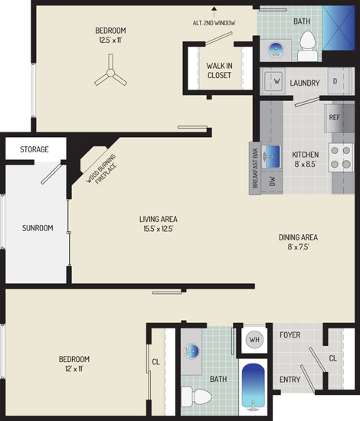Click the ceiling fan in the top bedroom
tap(110, 73)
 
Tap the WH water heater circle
tap(254, 339)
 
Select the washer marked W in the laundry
tap(273, 80)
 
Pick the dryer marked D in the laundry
tap(335, 81)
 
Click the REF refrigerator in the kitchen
tap(339, 118)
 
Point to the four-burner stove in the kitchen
tap(341, 158)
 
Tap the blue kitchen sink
tap(271, 157)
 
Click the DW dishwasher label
tap(273, 181)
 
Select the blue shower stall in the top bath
tap(339, 28)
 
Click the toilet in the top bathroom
tap(307, 46)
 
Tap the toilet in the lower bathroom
tap(196, 397)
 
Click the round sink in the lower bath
tap(191, 351)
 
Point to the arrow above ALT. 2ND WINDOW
tap(214, 12)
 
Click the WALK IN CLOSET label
tap(219, 70)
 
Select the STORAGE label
tap(34, 149)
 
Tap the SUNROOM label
tap(38, 228)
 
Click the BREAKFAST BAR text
tap(255, 168)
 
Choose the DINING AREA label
tap(298, 237)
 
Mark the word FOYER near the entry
tap(290, 335)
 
